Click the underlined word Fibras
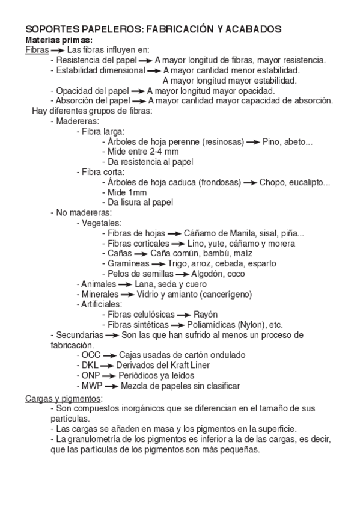(37, 50)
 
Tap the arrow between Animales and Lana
(125, 284)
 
